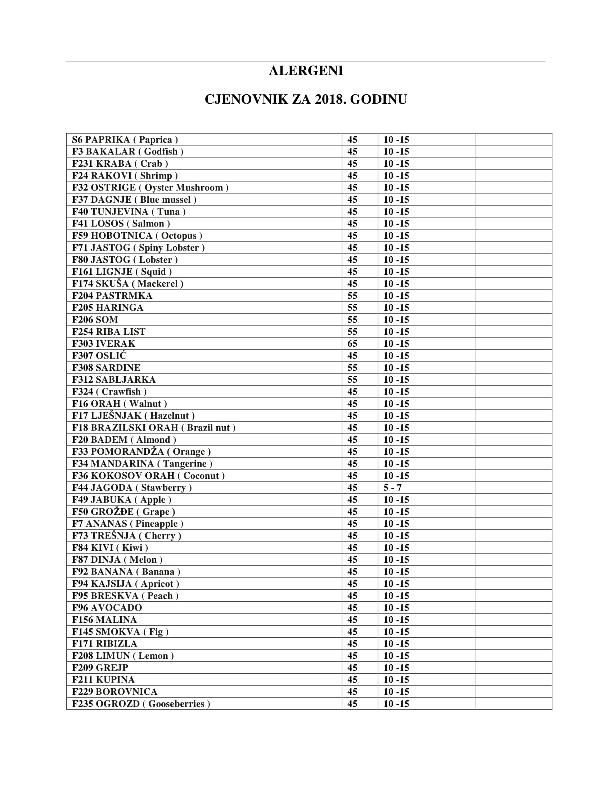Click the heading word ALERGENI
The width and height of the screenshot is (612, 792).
click(x=306, y=71)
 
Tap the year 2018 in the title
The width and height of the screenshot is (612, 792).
click(x=329, y=99)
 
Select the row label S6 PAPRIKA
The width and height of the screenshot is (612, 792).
click(x=101, y=140)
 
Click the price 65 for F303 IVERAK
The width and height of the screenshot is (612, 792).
click(x=352, y=343)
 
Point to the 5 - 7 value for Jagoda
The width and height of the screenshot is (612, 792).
click(x=392, y=487)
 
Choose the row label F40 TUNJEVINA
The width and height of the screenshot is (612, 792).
click(x=110, y=211)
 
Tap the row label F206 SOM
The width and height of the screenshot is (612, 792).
click(x=95, y=319)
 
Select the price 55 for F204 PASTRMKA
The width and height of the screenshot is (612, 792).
click(x=352, y=296)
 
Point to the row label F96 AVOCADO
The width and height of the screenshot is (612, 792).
click(x=107, y=607)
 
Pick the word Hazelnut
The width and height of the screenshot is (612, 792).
click(x=169, y=415)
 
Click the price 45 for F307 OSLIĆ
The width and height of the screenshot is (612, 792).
click(x=352, y=355)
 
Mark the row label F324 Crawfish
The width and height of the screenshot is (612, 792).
click(x=109, y=392)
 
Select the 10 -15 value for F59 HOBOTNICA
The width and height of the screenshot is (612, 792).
click(x=396, y=236)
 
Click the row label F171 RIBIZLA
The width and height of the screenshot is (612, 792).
click(x=104, y=644)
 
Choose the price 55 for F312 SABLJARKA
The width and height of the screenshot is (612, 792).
click(x=352, y=380)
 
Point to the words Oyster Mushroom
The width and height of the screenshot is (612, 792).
click(x=184, y=188)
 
